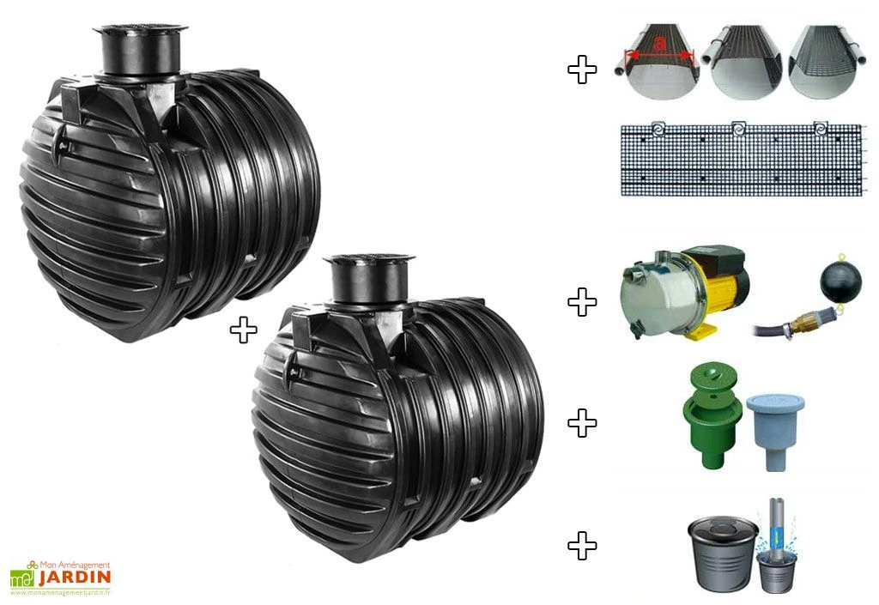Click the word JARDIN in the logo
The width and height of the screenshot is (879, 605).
[x=75, y=578]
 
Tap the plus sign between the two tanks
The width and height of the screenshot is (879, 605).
[x=244, y=330]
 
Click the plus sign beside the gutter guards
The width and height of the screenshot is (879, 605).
[x=583, y=70]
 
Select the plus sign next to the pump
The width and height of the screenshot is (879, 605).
[x=583, y=302]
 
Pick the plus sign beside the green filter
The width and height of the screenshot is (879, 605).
[x=583, y=423]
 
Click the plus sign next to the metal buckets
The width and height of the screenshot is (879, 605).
[x=583, y=546]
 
